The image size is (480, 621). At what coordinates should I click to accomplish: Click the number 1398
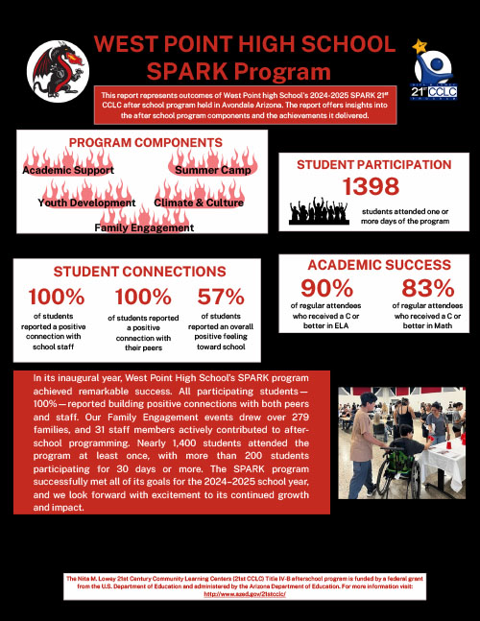click(x=370, y=188)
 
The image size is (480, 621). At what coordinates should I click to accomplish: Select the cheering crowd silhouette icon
click(x=321, y=209)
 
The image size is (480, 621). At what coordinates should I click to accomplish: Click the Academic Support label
click(x=68, y=170)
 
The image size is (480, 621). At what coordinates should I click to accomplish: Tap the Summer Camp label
click(x=212, y=170)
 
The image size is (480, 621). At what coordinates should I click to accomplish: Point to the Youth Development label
click(x=86, y=203)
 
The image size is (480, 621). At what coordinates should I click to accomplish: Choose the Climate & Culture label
click(x=199, y=203)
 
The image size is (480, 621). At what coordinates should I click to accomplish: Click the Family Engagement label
click(x=144, y=227)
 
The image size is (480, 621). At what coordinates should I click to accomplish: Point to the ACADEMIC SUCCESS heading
click(x=378, y=265)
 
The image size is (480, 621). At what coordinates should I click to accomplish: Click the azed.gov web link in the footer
click(x=239, y=593)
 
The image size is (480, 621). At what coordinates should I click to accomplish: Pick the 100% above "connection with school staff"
click(x=60, y=299)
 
